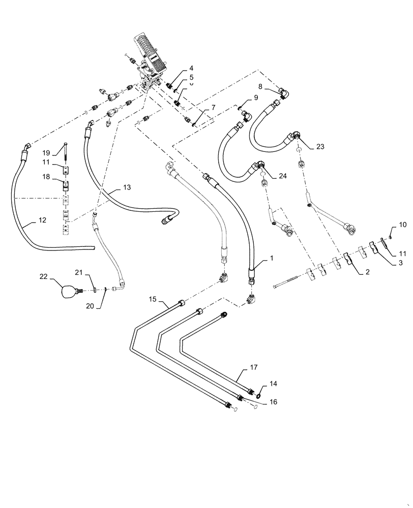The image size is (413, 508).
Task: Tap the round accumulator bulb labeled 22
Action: pos(68,292)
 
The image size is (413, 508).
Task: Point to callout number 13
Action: pos(127,187)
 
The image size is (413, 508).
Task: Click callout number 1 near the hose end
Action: pos(272,258)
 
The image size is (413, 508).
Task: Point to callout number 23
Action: pos(319,146)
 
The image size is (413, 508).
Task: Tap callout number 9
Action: pos(256,97)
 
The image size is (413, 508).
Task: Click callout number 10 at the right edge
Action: pos(402,224)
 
